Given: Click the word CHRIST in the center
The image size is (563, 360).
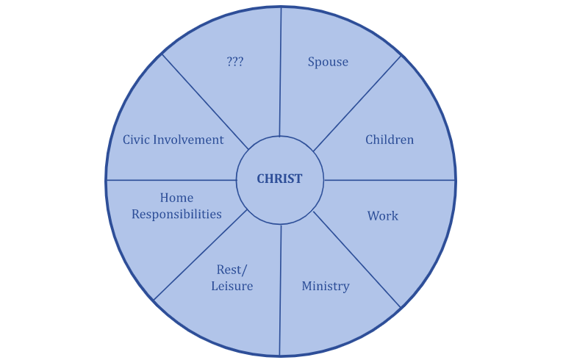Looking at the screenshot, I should click(279, 179).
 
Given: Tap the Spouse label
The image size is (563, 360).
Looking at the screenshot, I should click(328, 62).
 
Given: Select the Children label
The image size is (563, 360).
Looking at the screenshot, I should click(390, 140).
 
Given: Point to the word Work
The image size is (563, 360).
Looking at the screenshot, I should click(383, 216).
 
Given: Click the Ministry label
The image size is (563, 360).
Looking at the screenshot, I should click(326, 286).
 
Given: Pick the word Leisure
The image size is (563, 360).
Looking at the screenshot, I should click(232, 287).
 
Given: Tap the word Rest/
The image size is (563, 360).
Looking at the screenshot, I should click(232, 270).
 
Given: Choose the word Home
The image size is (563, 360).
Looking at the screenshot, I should click(176, 198).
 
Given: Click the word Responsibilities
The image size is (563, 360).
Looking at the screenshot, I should click(176, 215).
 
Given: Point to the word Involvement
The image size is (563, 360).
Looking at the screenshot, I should click(190, 140).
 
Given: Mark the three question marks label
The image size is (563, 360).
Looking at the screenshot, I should click(235, 62).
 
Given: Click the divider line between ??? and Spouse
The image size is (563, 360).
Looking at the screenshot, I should click(280, 73).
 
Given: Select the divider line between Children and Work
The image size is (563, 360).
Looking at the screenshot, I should click(390, 180).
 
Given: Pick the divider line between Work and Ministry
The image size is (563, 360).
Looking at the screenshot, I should click(357, 259).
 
